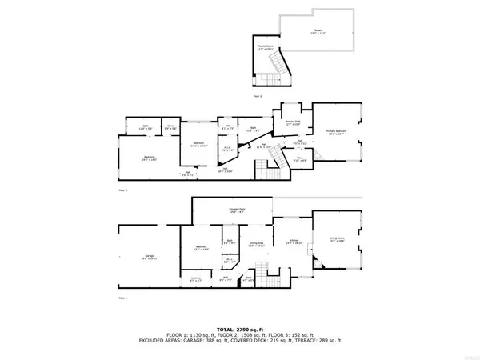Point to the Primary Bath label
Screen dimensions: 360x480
point(292,122)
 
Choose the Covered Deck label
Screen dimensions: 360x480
point(237,210)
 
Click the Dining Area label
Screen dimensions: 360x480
point(257,243)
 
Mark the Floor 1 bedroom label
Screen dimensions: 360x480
point(200,249)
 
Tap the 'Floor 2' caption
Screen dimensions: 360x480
point(123,191)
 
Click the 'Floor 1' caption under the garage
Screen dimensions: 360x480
point(123,297)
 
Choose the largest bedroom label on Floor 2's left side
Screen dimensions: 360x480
point(149,157)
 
